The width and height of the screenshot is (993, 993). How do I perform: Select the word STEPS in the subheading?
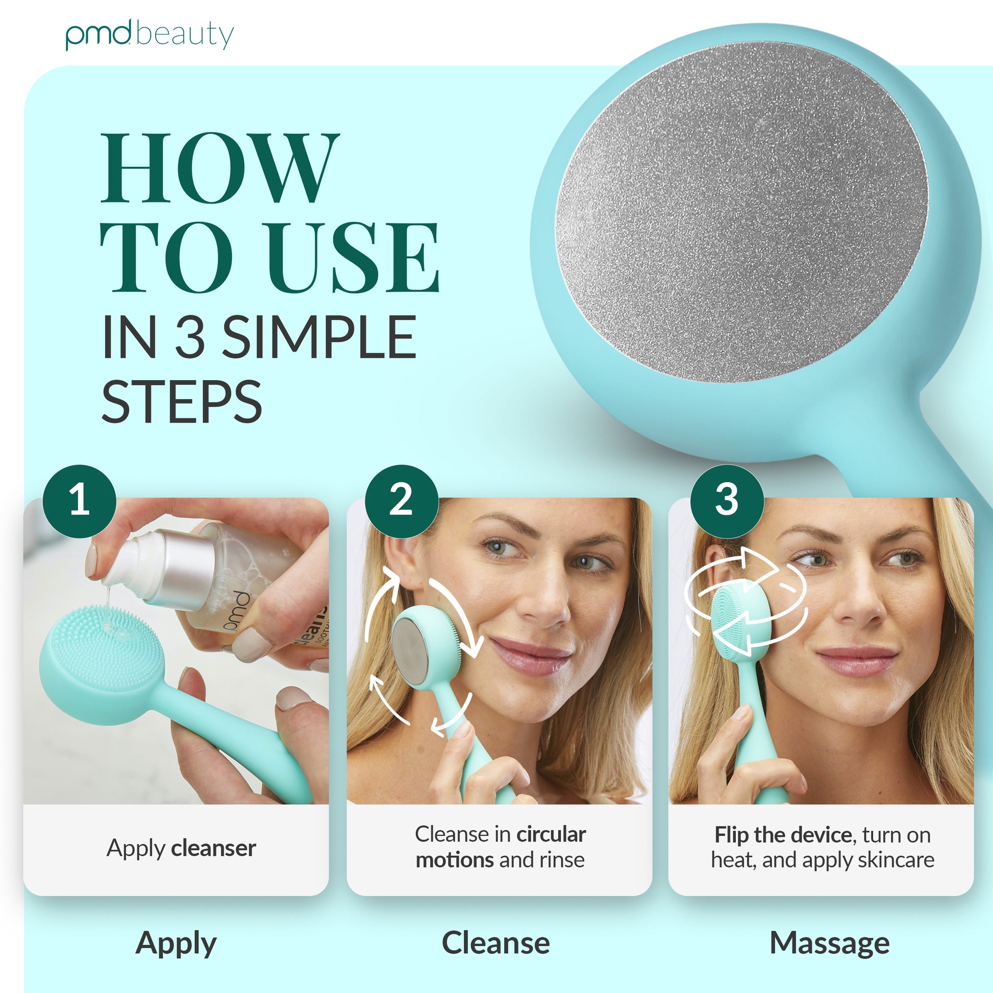point(182,402)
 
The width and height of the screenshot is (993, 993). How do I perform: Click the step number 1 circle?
point(79,501)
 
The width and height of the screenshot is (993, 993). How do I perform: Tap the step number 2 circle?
point(402,501)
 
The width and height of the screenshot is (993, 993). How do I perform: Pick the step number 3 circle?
point(726,501)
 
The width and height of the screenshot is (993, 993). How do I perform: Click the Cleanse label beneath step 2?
point(496,943)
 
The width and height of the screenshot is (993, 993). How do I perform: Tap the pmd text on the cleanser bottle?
point(236,611)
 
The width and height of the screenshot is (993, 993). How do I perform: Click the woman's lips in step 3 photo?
point(857,658)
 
